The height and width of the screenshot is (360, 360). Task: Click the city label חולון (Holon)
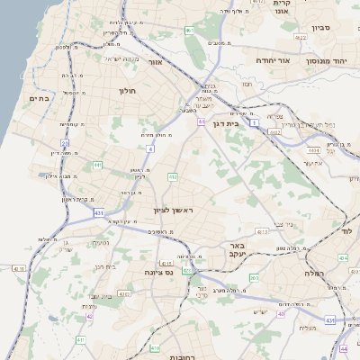(126, 91)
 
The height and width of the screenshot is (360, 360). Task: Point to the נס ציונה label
(158, 271)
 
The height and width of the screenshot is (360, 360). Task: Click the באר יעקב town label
(237, 249)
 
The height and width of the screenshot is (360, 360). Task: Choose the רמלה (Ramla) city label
(313, 273)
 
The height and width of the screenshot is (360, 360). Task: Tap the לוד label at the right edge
(347, 231)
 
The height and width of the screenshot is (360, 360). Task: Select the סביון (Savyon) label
(321, 28)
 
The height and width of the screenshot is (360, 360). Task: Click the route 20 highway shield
(65, 143)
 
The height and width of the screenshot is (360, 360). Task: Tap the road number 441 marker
(97, 166)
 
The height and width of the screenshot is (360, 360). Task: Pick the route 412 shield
(171, 177)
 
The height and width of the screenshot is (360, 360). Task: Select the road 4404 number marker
(274, 131)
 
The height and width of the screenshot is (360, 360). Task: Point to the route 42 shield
(89, 317)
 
